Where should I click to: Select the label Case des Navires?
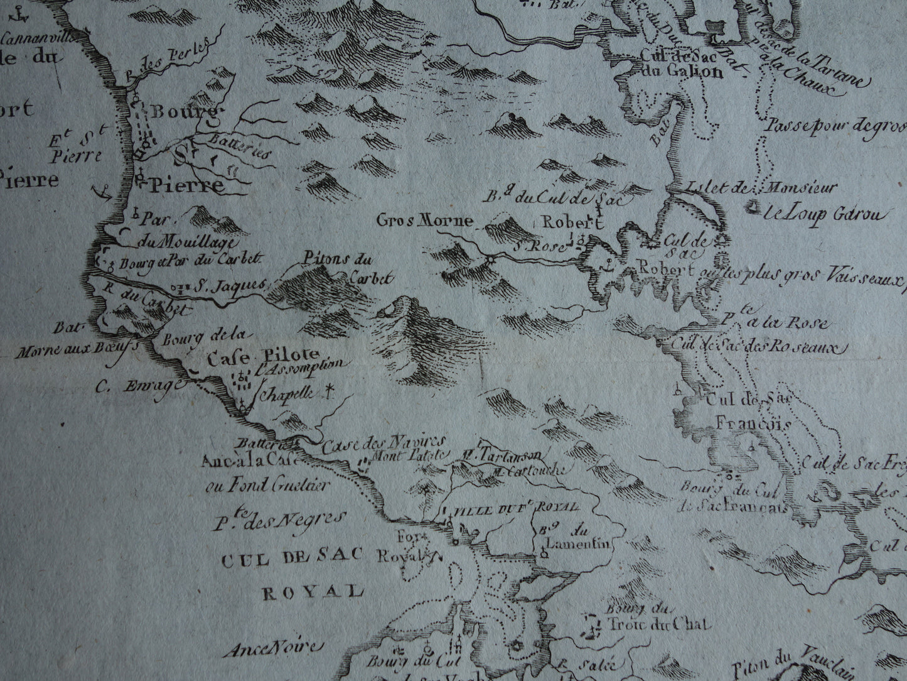[384, 442]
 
